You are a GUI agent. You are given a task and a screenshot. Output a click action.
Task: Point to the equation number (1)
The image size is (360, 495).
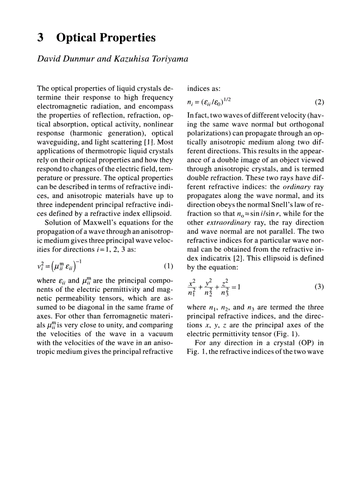pos(168,267)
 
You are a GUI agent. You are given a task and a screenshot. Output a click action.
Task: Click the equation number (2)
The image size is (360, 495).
pos(319,103)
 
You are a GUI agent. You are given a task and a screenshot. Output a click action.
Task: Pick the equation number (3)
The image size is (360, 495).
pos(319,287)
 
